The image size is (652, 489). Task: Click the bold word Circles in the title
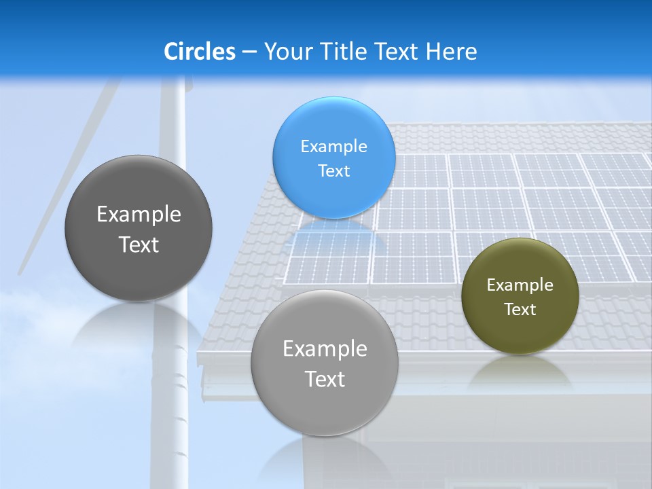click(200, 52)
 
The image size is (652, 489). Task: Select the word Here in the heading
click(451, 52)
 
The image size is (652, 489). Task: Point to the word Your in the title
click(287, 52)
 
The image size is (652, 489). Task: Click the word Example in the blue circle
click(333, 146)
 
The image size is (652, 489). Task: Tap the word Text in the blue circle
click(333, 170)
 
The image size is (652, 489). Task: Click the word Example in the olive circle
click(520, 285)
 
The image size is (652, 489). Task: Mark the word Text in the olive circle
click(520, 309)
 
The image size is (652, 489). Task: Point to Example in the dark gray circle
click(139, 214)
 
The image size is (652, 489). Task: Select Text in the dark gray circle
click(139, 244)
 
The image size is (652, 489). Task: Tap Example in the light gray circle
click(325, 348)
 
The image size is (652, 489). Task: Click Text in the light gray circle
click(325, 379)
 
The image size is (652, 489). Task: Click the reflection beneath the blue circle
click(333, 234)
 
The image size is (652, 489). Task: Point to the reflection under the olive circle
click(520, 370)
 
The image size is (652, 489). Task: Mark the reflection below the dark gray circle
click(139, 323)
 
